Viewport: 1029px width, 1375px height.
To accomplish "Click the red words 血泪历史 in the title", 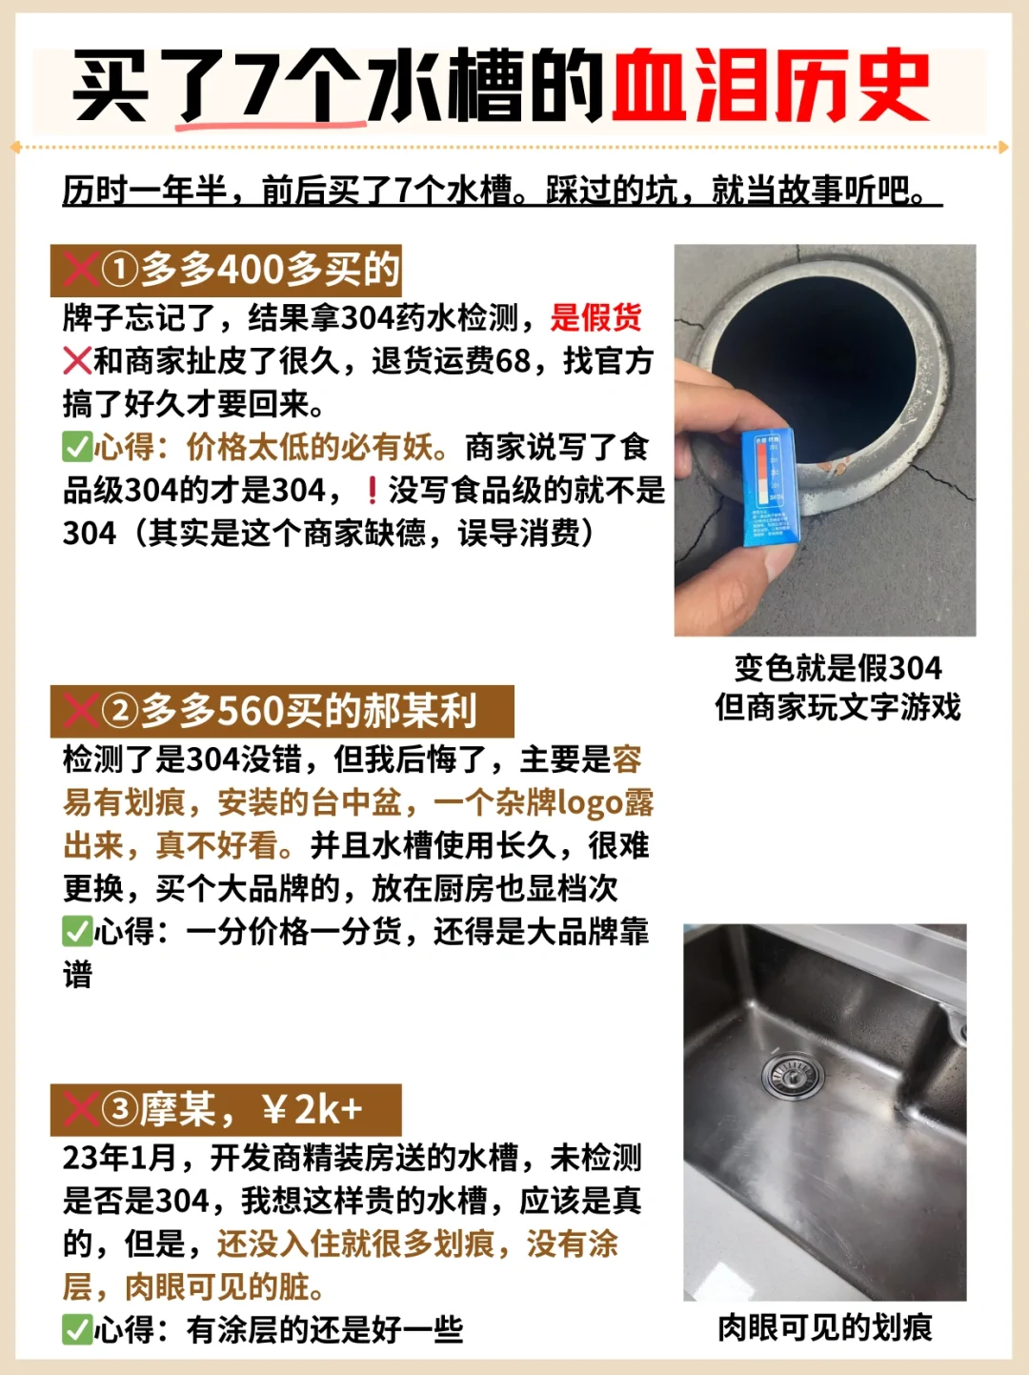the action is pos(771,86).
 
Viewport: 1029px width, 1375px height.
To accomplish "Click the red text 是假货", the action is pos(595,317).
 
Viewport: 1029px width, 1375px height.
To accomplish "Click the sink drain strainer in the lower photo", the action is pos(793,1076).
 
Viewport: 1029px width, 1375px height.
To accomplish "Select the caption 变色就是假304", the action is pos(838,668).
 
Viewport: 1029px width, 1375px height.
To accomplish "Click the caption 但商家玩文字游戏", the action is pos(838,707).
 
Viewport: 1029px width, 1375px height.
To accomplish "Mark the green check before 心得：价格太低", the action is pos(78,447).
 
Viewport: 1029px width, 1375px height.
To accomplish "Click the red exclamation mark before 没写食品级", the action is pos(373,490).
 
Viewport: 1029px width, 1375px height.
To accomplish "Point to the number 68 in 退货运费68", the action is pos(513,361).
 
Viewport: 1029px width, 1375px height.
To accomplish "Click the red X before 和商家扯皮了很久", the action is pos(78,361).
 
